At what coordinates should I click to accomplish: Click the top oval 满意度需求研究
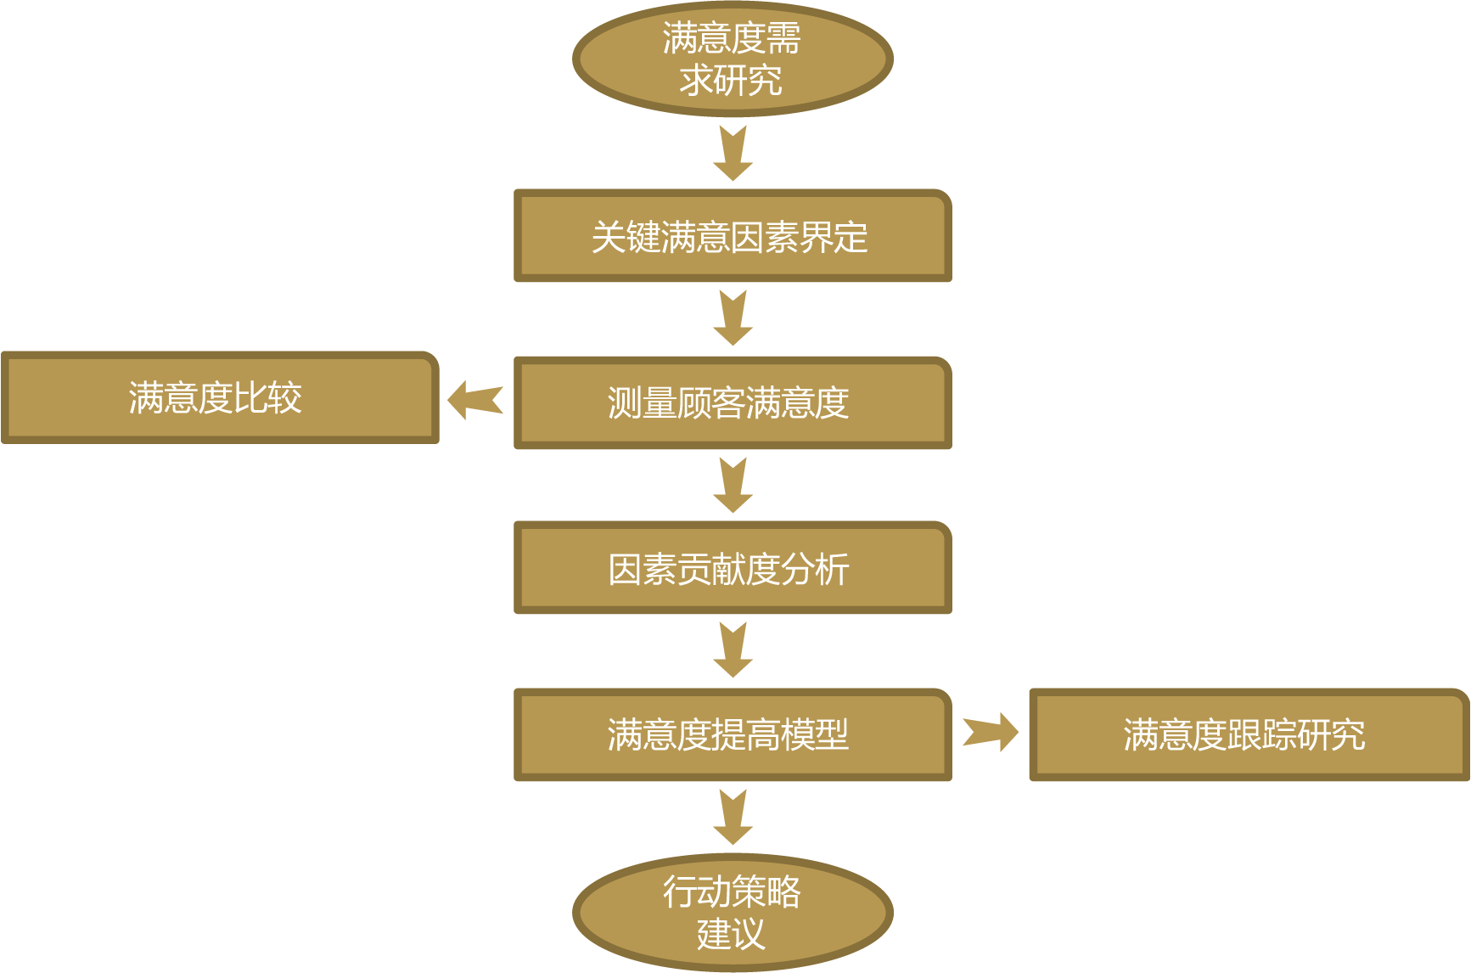[x=732, y=59]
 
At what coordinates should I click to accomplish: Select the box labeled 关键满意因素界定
[x=732, y=236]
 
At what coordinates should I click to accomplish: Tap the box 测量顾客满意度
[x=732, y=402]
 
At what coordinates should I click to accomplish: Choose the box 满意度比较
[x=219, y=397]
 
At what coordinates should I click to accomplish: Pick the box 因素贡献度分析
[x=732, y=568]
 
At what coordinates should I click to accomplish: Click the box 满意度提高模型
[x=732, y=734]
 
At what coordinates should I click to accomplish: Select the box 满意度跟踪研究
[x=1247, y=734]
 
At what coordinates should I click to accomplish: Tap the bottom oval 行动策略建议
[x=732, y=913]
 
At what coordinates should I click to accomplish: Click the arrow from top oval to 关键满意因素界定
[x=733, y=153]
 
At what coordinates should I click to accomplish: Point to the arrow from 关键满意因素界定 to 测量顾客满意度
[x=733, y=318]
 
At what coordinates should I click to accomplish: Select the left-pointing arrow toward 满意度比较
[x=475, y=399]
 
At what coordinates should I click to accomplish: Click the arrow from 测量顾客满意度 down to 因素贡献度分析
[x=733, y=485]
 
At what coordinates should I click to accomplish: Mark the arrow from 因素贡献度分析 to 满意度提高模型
[x=733, y=650]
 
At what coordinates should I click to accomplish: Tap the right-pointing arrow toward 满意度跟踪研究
[x=991, y=731]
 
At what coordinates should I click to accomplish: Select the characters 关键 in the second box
[x=626, y=237]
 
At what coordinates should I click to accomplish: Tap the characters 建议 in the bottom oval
[x=731, y=934]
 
